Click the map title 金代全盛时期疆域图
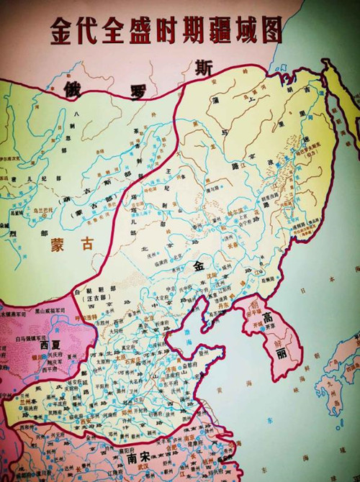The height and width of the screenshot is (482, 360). [165, 30]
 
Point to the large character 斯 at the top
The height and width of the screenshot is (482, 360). [204, 69]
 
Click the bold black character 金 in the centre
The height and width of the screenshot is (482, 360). [199, 265]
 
